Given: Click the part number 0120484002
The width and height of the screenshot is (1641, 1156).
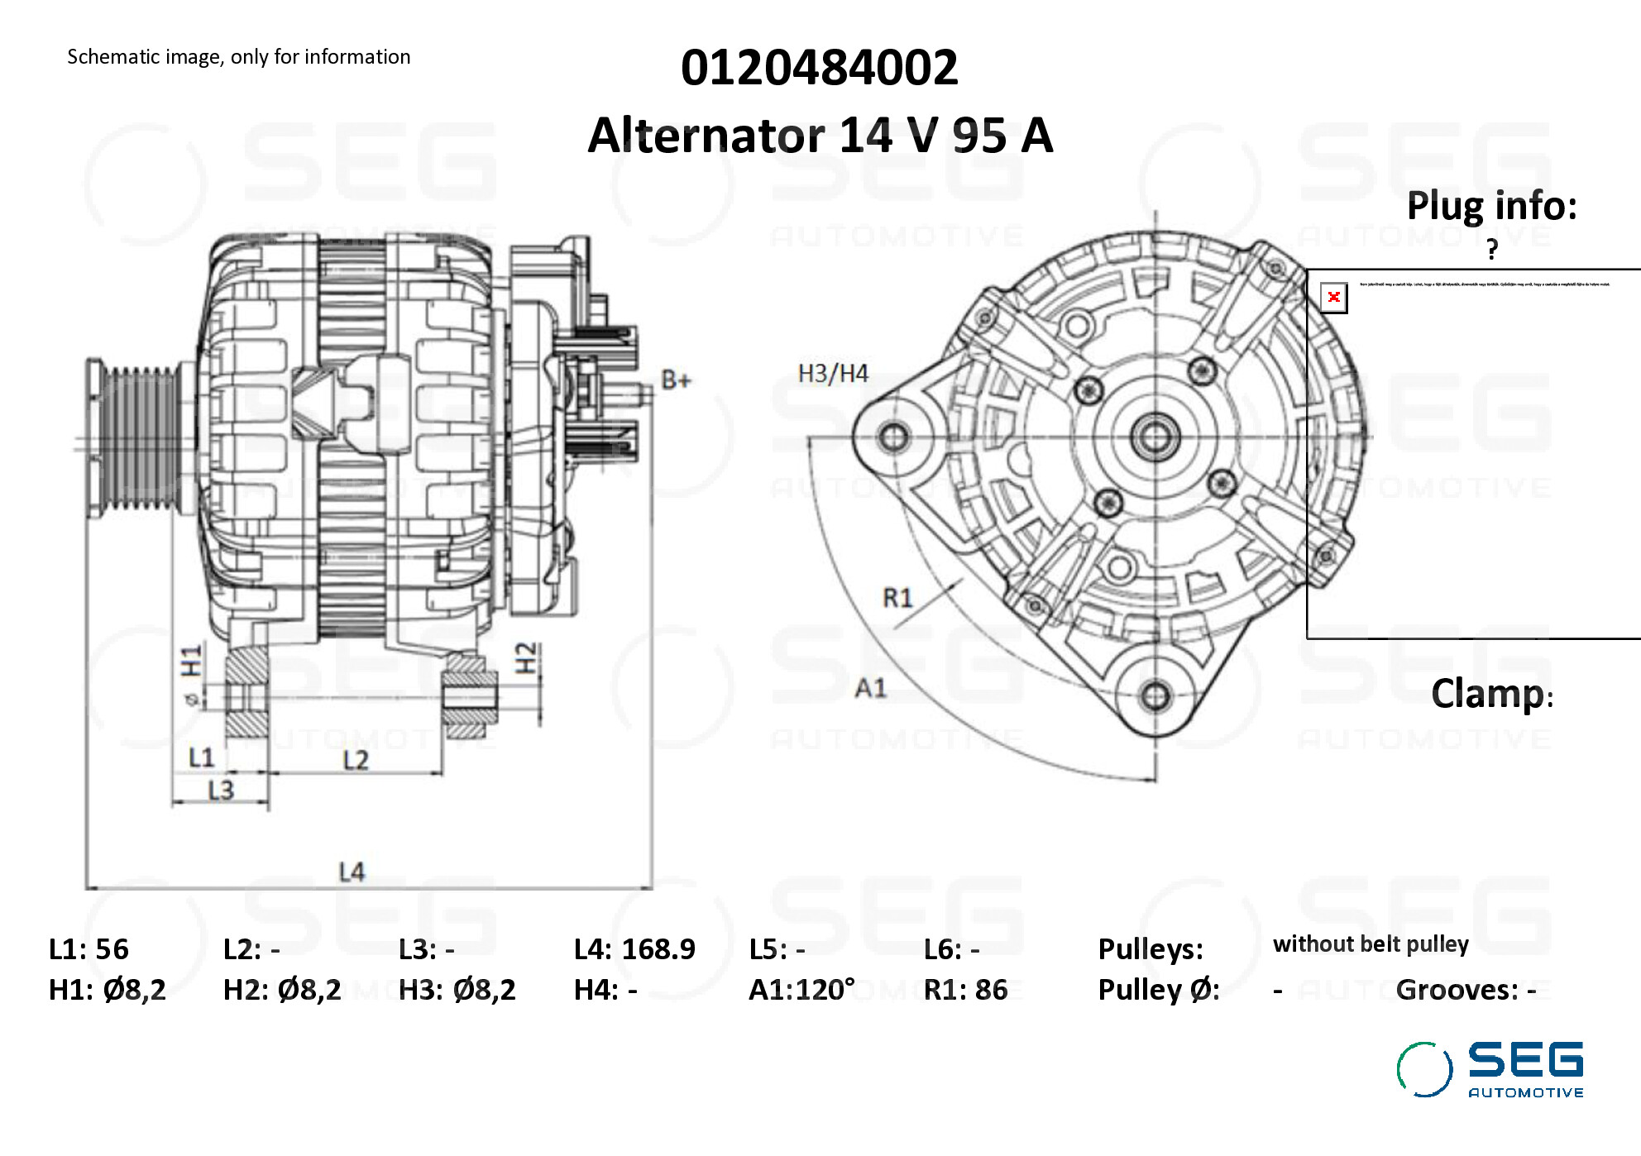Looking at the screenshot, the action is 819,68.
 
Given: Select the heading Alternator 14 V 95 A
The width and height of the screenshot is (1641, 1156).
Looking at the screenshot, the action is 820,136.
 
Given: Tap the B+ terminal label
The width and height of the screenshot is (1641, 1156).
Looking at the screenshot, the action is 676,380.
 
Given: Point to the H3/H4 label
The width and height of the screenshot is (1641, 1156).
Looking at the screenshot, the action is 833,374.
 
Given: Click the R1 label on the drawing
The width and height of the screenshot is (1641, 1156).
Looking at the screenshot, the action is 897,597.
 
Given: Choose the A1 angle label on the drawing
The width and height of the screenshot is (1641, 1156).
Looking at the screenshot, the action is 870,688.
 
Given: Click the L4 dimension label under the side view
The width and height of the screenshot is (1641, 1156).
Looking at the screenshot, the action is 352,872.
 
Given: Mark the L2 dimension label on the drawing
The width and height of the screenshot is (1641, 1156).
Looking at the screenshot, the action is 356,760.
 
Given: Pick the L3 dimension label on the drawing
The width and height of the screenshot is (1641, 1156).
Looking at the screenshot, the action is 221,791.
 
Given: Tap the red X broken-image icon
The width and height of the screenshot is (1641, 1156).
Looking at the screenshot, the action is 1333,298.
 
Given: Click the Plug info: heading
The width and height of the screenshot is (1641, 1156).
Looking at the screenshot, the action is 1491,206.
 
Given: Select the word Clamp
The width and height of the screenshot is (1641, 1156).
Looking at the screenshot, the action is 1487,694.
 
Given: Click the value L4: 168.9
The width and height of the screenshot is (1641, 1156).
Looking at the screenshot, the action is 634,949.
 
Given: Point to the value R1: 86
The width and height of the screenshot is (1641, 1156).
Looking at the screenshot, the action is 965,990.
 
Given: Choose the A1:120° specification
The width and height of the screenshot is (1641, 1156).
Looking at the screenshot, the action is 801,990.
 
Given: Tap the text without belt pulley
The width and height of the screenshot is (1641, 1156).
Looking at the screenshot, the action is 1371,944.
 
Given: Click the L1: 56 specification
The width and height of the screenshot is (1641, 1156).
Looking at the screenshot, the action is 89,949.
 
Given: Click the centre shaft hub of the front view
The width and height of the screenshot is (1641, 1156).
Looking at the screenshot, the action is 1155,436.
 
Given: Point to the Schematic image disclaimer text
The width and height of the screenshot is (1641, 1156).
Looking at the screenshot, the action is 238,57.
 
